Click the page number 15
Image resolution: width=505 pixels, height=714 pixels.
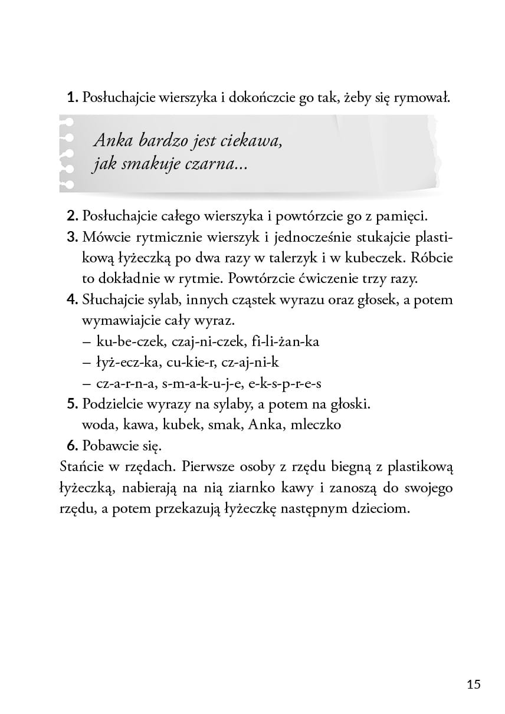473,684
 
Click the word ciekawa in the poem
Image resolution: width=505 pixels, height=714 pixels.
247,142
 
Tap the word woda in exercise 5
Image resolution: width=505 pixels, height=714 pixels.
100,425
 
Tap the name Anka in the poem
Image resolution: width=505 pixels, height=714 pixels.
112,142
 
